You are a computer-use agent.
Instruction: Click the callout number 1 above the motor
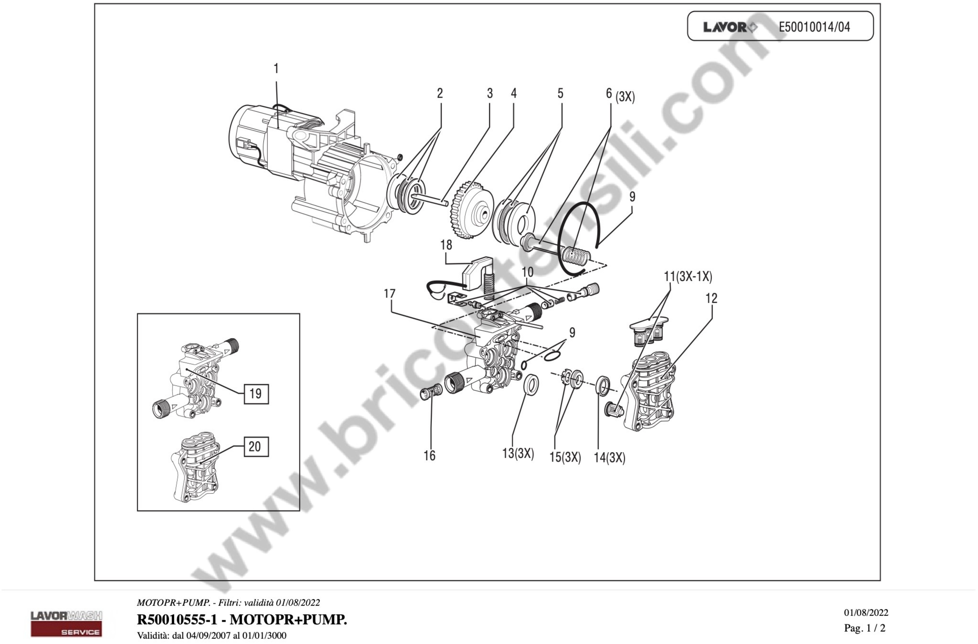(276, 69)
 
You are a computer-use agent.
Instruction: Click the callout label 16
(429, 456)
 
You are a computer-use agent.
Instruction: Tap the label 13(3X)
(518, 453)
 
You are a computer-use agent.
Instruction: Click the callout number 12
(711, 298)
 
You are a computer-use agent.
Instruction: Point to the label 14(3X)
(609, 458)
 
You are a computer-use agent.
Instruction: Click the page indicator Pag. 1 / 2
(865, 628)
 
